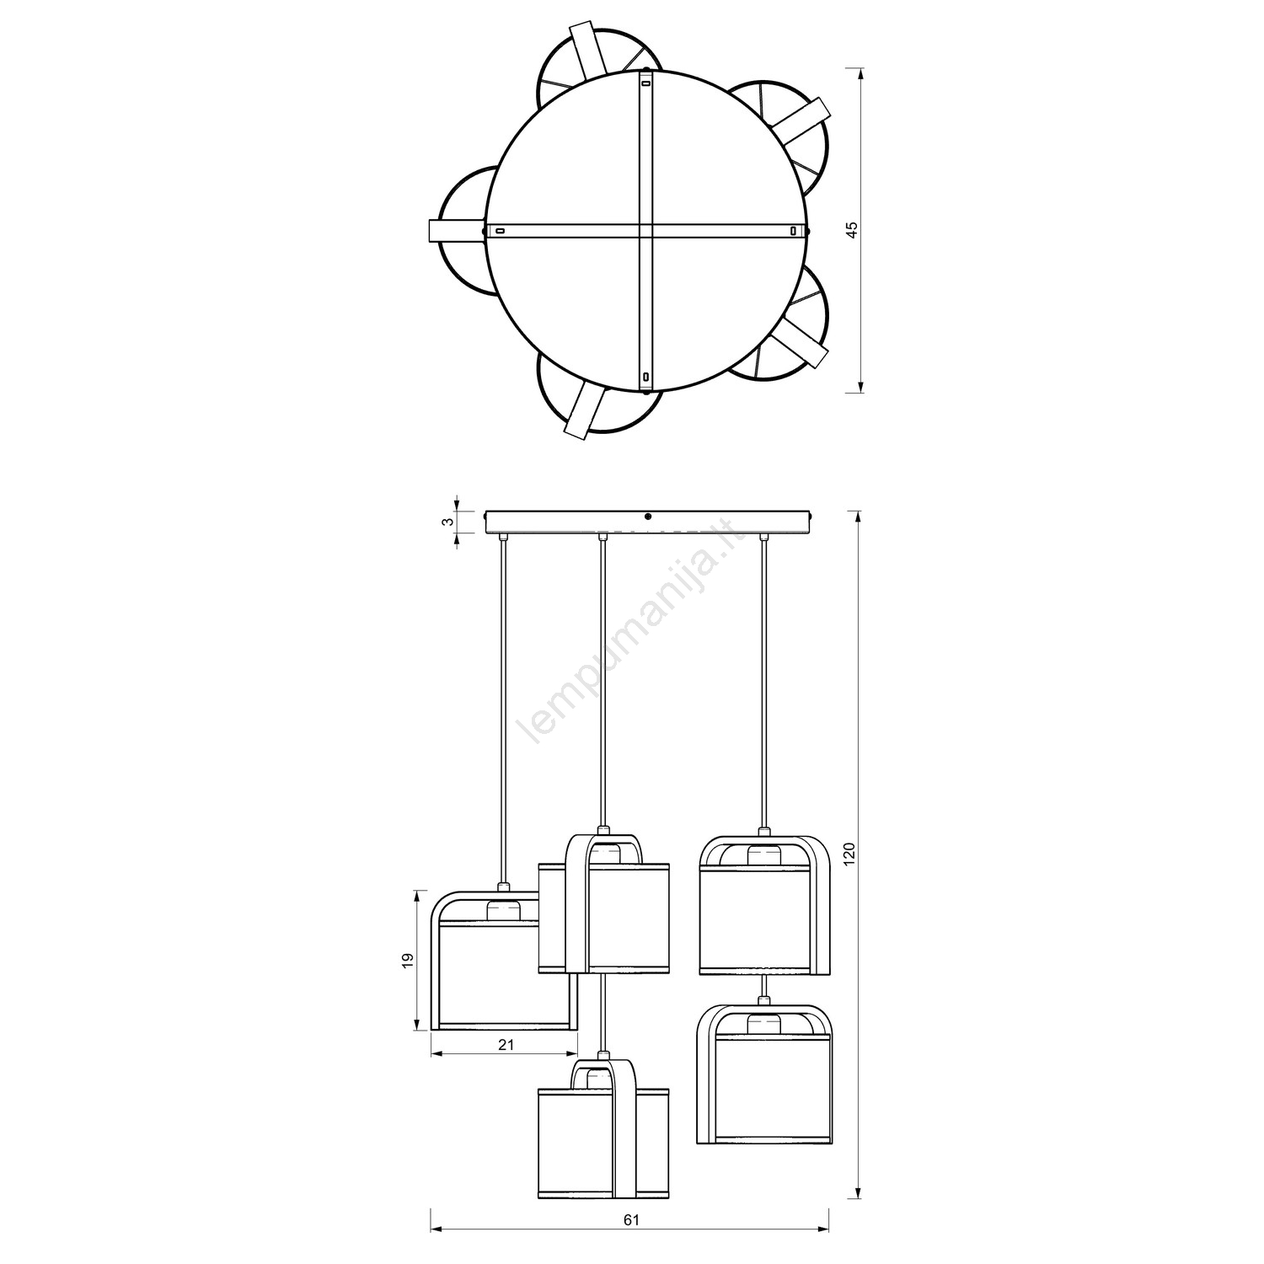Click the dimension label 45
[852, 229]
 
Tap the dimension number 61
[632, 1243]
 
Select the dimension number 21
[504, 1045]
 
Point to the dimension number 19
[406, 960]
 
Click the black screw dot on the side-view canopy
[647, 516]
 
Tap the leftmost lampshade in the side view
[504, 961]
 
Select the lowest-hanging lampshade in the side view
[603, 1129]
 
